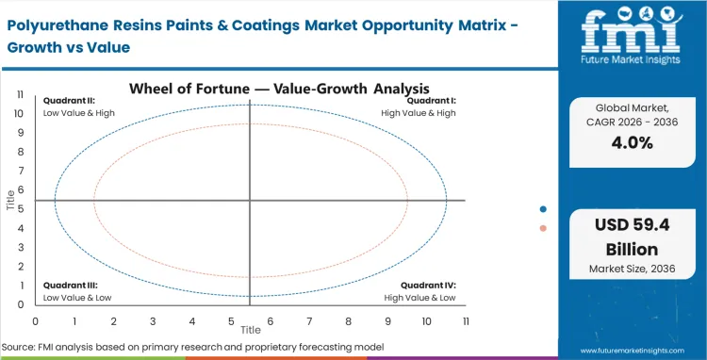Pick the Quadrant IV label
(429, 284)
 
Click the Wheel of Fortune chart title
(250, 90)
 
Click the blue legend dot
(543, 209)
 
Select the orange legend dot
(543, 228)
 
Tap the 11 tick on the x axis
(466, 321)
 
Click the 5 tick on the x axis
(231, 321)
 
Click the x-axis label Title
(250, 331)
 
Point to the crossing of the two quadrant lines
(250, 200)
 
